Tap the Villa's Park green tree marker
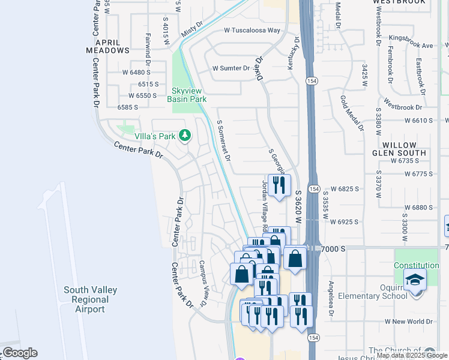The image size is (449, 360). tap(185, 135)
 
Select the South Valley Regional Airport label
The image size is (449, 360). tap(91, 299)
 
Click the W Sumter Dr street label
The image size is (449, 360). tap(231, 68)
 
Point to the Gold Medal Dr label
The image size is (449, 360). tap(352, 113)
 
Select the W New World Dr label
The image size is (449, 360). tap(409, 322)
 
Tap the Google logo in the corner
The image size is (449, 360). tap(20, 353)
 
